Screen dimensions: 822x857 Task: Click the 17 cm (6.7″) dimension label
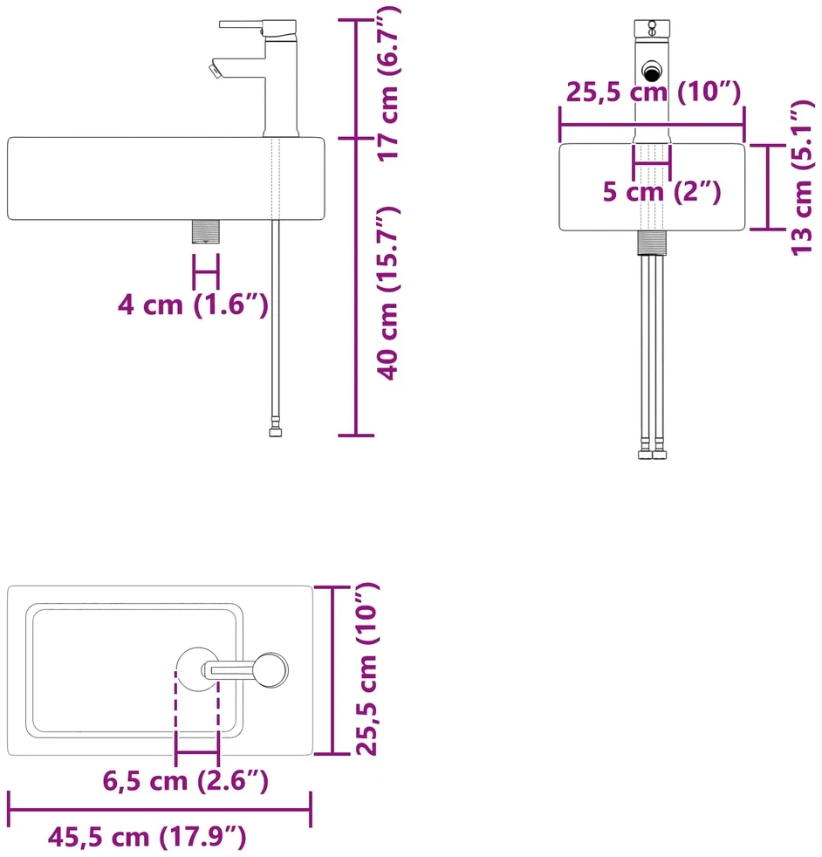(x=390, y=83)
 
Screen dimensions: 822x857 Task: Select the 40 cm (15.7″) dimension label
(x=388, y=293)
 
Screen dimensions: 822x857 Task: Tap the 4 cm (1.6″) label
(x=193, y=305)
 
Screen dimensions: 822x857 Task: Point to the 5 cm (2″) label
(x=661, y=191)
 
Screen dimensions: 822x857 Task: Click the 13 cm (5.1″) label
(x=802, y=178)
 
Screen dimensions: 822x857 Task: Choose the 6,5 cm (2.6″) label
(x=185, y=780)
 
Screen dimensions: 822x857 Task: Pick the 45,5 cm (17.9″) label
(x=147, y=837)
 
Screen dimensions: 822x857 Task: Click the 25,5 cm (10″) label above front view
(x=653, y=92)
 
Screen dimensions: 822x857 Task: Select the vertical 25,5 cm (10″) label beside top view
(x=366, y=669)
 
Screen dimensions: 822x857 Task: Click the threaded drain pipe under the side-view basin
(x=206, y=231)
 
